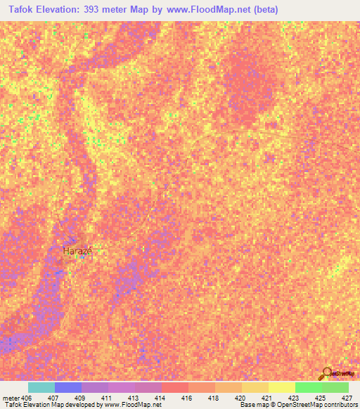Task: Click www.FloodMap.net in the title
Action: point(212,10)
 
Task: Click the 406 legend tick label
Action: point(23,397)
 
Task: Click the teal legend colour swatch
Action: point(41,387)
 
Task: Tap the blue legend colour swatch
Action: point(68,387)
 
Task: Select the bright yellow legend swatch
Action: point(281,387)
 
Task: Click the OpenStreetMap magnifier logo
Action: point(327,372)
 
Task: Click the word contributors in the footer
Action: point(340,405)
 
